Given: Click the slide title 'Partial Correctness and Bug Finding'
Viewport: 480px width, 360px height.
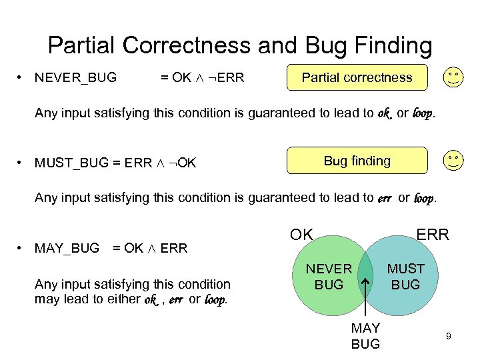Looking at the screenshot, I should [x=240, y=45].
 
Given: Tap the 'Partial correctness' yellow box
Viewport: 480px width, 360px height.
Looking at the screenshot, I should [x=357, y=77].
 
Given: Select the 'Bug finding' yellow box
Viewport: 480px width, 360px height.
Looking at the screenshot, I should [x=357, y=161].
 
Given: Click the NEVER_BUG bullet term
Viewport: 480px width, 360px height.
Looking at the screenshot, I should [x=75, y=78].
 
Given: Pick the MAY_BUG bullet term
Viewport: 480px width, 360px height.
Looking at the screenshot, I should [x=67, y=248].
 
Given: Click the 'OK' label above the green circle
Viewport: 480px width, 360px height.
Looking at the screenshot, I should [x=301, y=235].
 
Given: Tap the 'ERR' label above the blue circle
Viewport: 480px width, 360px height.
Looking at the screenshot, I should [x=433, y=235].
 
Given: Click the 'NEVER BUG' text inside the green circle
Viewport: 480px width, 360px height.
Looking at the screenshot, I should [x=329, y=277].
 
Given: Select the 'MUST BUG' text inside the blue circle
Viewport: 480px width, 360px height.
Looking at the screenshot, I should [x=405, y=277].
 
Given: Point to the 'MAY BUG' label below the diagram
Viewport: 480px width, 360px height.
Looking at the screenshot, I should [x=365, y=336].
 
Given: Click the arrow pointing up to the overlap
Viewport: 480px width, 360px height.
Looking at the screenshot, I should [x=365, y=300].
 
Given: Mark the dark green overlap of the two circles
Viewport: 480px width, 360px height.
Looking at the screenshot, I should [x=365, y=270].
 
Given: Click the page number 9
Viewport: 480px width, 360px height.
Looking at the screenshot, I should [x=449, y=337].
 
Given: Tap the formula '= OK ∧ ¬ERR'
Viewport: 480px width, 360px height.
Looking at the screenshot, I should [x=203, y=78].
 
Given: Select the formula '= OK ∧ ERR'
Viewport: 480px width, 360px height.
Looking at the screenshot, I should [x=150, y=248].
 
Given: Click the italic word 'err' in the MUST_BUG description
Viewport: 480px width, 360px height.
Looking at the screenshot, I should [x=385, y=197].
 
